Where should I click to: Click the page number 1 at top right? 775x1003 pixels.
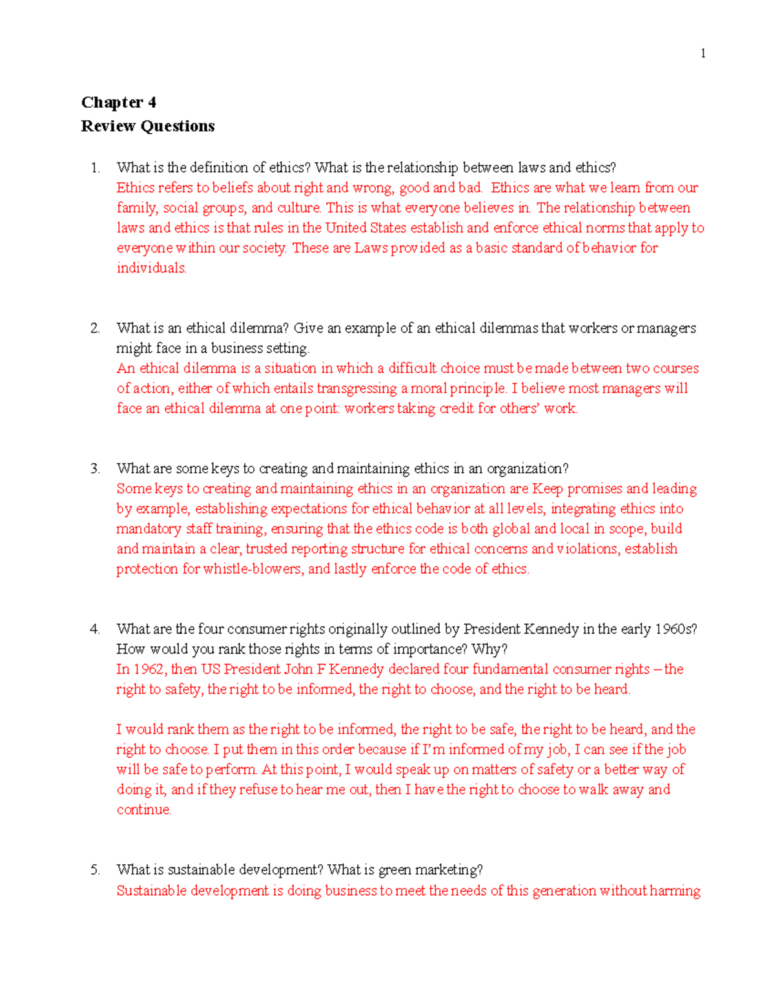tap(703, 54)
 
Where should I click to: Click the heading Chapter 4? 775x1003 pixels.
tap(118, 103)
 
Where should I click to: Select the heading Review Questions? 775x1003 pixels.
tap(147, 126)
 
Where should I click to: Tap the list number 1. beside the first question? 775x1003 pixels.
tap(96, 168)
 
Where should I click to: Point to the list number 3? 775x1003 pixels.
tap(96, 469)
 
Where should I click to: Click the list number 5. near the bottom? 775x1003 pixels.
tap(96, 870)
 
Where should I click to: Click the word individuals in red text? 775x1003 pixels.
tap(150, 268)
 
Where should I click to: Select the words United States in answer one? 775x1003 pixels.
tap(366, 228)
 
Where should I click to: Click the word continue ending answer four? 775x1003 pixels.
tap(143, 810)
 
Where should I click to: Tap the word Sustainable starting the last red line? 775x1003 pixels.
tap(151, 891)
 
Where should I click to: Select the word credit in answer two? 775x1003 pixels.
tap(457, 408)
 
